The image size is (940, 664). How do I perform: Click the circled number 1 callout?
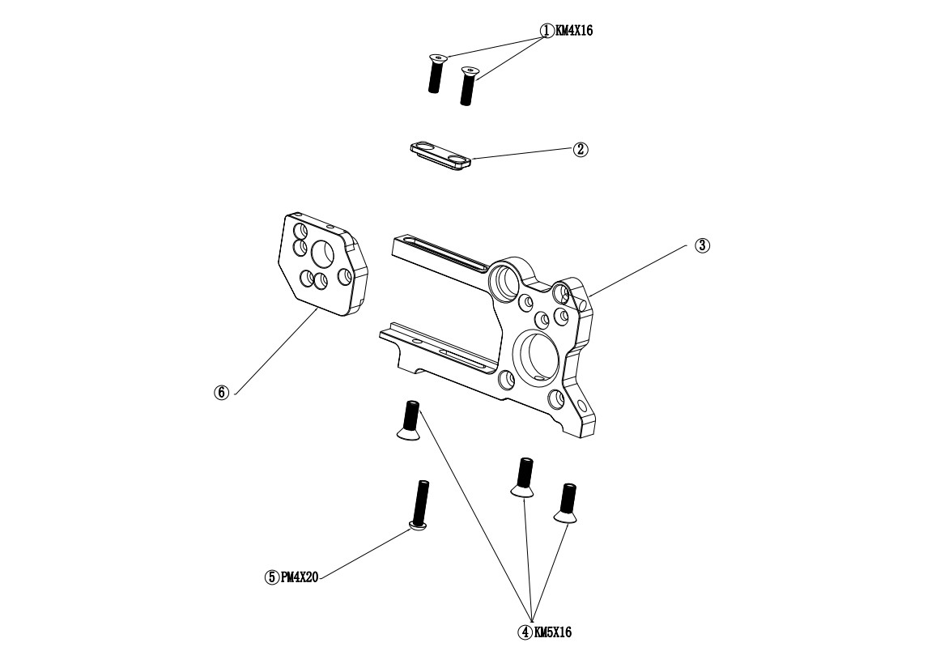coord(547,31)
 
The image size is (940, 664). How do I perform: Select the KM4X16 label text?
coord(574,31)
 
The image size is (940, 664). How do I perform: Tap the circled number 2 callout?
coord(581,149)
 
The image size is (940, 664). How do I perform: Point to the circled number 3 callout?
coord(703,245)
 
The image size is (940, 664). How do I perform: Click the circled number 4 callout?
coord(525,632)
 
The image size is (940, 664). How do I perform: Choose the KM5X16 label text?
coord(553,632)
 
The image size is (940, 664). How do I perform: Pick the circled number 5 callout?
coord(272,577)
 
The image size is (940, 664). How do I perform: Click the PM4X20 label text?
coord(300,577)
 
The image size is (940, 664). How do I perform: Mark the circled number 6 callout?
coord(222,393)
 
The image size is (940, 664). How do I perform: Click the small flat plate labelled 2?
coord(440,155)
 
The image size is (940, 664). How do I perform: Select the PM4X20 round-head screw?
coord(420,505)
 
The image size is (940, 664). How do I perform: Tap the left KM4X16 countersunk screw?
coord(436,73)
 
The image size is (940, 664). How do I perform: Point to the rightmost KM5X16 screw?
coord(566,502)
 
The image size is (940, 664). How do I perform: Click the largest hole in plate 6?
coord(322,253)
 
